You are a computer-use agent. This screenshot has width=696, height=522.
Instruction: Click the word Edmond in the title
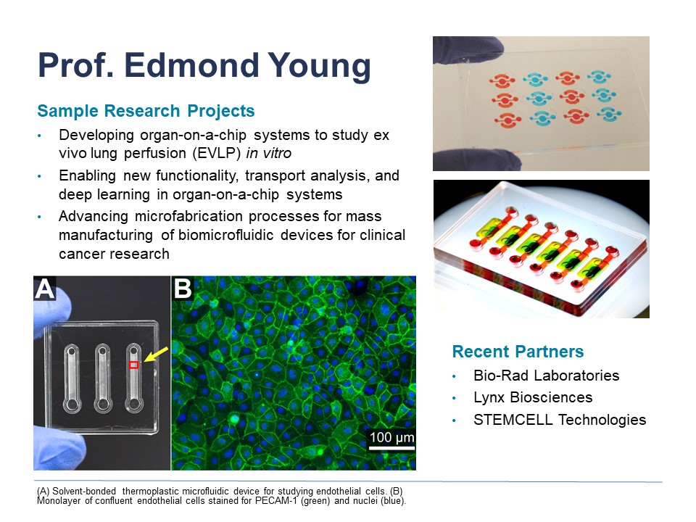pyautogui.click(x=191, y=65)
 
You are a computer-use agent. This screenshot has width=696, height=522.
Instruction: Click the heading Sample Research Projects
pyautogui.click(x=146, y=111)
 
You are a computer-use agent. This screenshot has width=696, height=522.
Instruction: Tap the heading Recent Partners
pyautogui.click(x=518, y=352)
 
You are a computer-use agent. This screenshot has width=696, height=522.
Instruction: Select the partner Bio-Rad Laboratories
pyautogui.click(x=547, y=376)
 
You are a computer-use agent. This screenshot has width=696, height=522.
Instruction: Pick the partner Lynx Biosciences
pyautogui.click(x=533, y=397)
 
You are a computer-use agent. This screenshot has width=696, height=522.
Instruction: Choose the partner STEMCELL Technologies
pyautogui.click(x=560, y=420)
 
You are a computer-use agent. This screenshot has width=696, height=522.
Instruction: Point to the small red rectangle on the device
pyautogui.click(x=134, y=365)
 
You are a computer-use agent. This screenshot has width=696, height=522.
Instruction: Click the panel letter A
pyautogui.click(x=45, y=289)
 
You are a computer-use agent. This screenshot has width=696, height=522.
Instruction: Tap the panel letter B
pyautogui.click(x=183, y=289)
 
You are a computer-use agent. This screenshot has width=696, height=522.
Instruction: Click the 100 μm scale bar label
pyautogui.click(x=392, y=437)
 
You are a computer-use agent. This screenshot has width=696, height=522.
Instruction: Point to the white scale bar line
pyautogui.click(x=392, y=448)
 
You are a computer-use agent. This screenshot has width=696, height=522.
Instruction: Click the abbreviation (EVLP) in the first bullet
pyautogui.click(x=217, y=153)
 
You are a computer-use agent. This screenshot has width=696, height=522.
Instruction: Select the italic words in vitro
pyautogui.click(x=268, y=153)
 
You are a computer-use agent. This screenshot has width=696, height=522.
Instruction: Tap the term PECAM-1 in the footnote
pyautogui.click(x=276, y=501)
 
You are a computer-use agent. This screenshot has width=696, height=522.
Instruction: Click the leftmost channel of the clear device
pyautogui.click(x=72, y=378)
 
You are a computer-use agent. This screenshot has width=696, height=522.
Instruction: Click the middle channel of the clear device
pyautogui.click(x=102, y=378)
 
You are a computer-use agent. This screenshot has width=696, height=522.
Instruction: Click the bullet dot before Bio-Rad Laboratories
pyautogui.click(x=454, y=376)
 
